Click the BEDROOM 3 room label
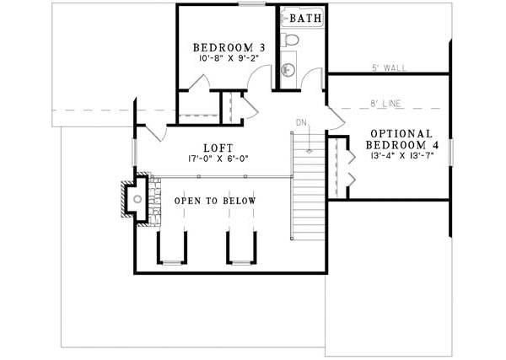[x=229, y=48]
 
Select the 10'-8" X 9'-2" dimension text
[x=229, y=61]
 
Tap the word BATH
[x=304, y=17]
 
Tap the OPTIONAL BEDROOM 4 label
[x=401, y=140]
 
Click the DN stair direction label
[x=301, y=123]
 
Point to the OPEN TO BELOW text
[x=215, y=201]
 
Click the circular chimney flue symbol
[x=136, y=199]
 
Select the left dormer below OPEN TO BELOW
[x=172, y=246]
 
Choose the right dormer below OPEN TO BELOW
[x=240, y=246]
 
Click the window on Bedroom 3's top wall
[x=250, y=4]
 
